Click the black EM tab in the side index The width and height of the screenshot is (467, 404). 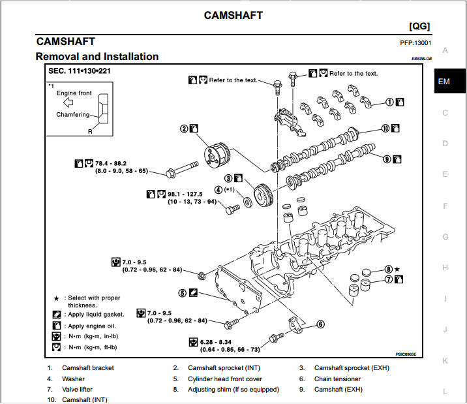point(444,82)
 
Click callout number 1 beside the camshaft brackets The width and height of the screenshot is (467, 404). point(389,101)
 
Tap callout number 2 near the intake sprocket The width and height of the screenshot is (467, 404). point(185,129)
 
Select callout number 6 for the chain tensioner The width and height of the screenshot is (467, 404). point(320,324)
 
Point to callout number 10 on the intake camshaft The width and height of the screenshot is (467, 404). point(385,129)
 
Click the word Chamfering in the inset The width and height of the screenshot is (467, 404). point(72,115)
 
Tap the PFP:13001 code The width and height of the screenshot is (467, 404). point(415,43)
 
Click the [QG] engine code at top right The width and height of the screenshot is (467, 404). point(419,26)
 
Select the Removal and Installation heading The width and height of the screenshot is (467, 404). point(97,57)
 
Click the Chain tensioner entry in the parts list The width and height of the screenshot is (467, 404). point(337,379)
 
